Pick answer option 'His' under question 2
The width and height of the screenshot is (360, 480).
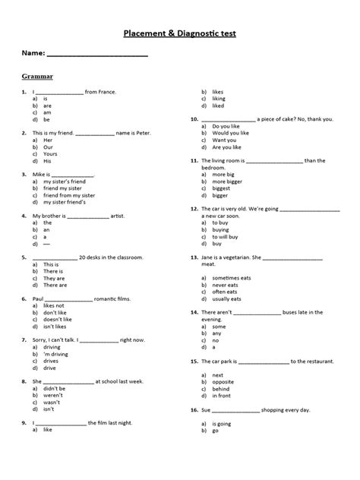tap(47, 161)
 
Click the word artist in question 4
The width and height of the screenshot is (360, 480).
tap(123, 216)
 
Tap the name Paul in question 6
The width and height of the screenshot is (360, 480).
tap(38, 298)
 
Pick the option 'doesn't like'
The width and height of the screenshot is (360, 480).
tap(58, 320)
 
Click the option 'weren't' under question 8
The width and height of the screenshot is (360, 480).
tap(53, 395)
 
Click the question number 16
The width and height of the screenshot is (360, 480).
tap(194, 409)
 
